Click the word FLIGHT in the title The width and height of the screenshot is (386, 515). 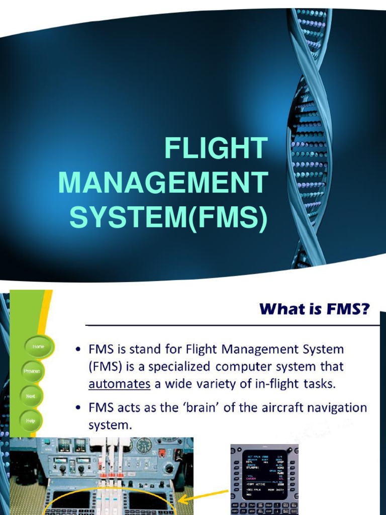point(216,149)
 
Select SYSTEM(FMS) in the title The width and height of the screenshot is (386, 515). point(167,218)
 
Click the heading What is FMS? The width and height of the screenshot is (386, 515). point(313,309)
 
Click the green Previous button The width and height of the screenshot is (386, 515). point(32,371)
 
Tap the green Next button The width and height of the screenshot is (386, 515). point(31,396)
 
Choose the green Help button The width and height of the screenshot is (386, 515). point(31,421)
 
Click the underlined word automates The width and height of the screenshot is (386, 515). point(120,384)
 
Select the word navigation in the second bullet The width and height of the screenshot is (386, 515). point(337,407)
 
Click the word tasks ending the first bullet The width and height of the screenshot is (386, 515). point(319,384)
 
